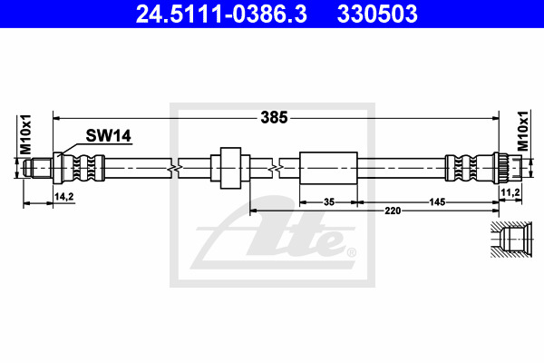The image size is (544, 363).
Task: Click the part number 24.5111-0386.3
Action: (x=221, y=14)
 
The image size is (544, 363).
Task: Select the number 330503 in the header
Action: (x=377, y=14)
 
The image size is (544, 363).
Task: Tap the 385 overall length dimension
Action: (x=274, y=118)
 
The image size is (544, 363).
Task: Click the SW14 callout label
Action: (x=108, y=136)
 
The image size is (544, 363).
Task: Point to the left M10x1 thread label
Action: (x=25, y=135)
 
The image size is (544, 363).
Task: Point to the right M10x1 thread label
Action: (x=523, y=131)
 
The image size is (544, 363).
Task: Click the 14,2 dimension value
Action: (x=64, y=197)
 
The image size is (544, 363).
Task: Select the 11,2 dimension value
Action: (x=510, y=192)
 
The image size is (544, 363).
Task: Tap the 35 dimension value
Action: (x=328, y=201)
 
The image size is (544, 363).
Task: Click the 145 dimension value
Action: (x=437, y=201)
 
